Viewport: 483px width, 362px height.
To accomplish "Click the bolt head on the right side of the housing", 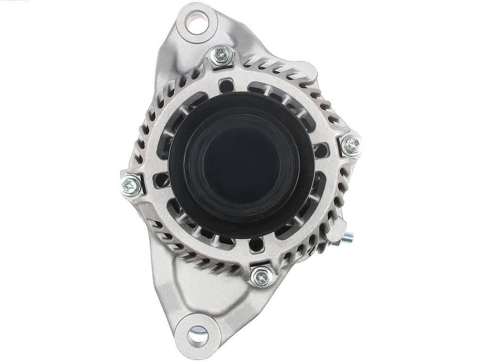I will pos(350,145).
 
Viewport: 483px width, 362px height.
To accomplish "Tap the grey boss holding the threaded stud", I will pos(336,233).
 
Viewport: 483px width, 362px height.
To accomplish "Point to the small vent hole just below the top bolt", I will pos(227,85).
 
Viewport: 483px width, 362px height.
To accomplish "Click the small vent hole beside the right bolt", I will pos(322,150).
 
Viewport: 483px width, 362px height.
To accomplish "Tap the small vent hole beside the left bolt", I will pos(161,180).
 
